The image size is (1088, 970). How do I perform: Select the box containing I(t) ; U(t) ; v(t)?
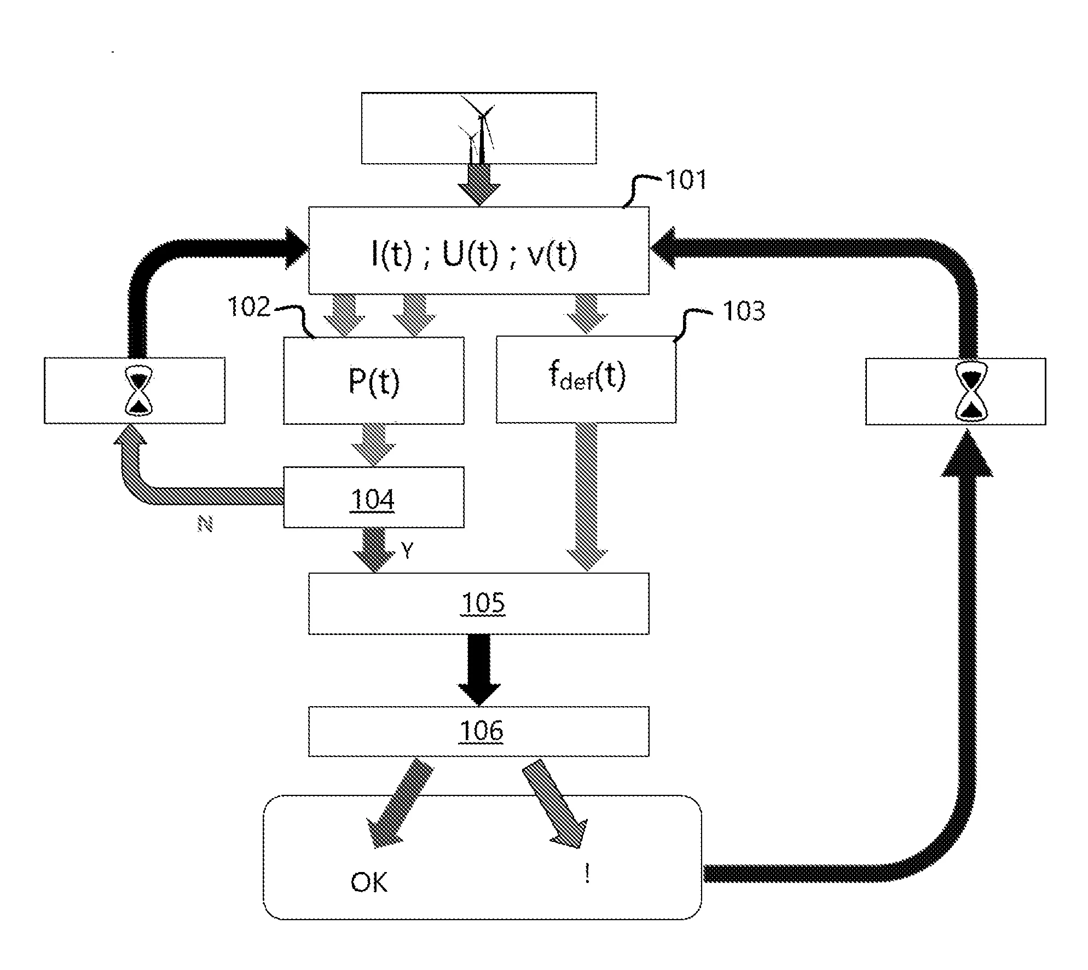point(478,251)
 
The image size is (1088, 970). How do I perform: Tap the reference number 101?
point(686,180)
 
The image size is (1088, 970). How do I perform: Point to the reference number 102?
point(249,307)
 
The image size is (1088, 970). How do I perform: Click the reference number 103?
point(743,311)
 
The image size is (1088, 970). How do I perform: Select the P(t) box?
point(373,380)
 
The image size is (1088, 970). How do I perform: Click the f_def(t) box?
point(586,380)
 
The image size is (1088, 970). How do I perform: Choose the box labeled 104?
point(373,498)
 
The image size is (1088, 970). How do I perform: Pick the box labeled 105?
point(478,604)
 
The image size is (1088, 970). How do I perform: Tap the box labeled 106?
point(478,732)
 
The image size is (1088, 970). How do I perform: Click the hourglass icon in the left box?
point(140,391)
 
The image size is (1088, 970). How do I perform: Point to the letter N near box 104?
point(205,525)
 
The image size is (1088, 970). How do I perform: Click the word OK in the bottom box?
point(369,882)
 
